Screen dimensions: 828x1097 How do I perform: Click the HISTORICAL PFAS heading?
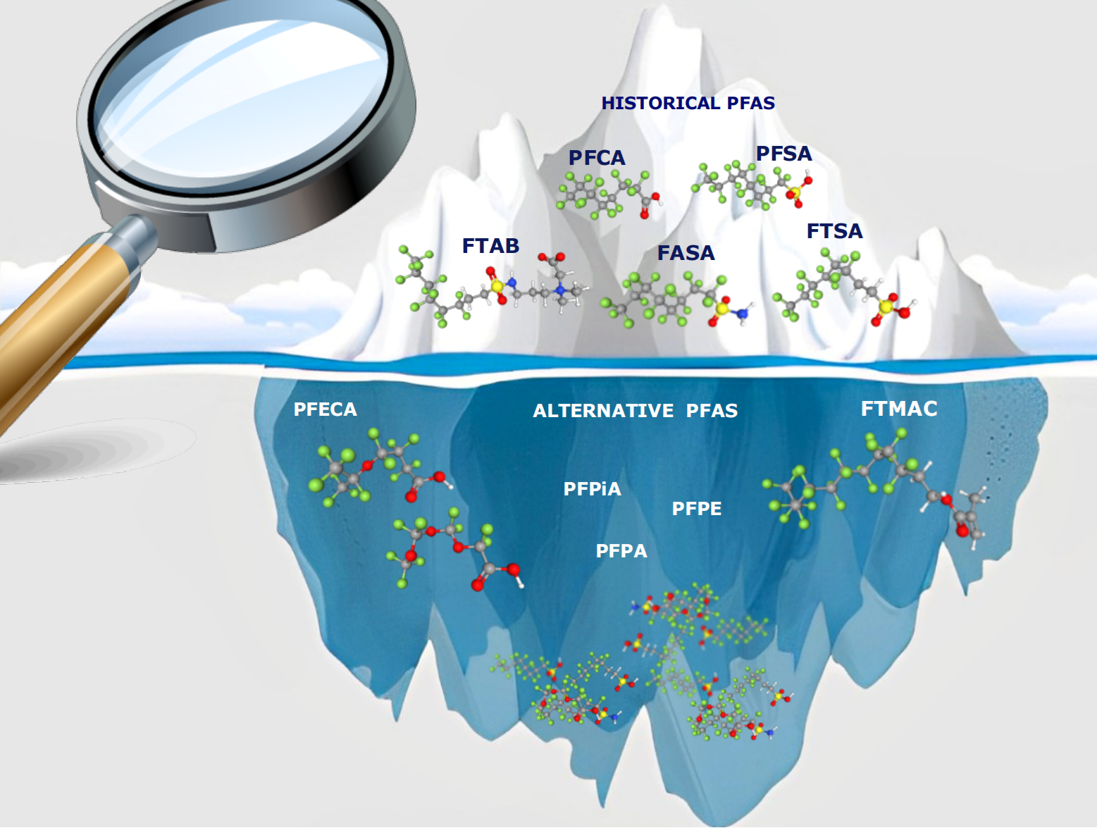pyautogui.click(x=688, y=103)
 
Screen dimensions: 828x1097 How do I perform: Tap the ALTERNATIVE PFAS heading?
pyautogui.click(x=635, y=411)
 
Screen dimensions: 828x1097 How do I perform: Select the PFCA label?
pyautogui.click(x=597, y=158)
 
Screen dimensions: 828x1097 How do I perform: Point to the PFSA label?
pyautogui.click(x=783, y=154)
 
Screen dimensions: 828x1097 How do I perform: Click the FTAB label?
pyautogui.click(x=490, y=246)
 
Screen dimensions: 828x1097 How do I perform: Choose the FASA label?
pyautogui.click(x=686, y=253)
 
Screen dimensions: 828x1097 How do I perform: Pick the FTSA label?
pyautogui.click(x=834, y=231)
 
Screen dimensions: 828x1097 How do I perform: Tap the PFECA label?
pyautogui.click(x=325, y=409)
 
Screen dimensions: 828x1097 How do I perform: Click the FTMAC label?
pyautogui.click(x=899, y=409)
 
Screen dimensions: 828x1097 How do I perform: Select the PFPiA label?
pyautogui.click(x=592, y=489)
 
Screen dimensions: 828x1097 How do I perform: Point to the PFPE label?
pyautogui.click(x=696, y=509)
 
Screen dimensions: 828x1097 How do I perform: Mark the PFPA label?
pyautogui.click(x=621, y=551)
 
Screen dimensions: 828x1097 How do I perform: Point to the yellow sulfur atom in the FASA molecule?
pyautogui.click(x=722, y=308)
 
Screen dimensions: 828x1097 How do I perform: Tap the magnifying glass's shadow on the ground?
pyautogui.click(x=85, y=451)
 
